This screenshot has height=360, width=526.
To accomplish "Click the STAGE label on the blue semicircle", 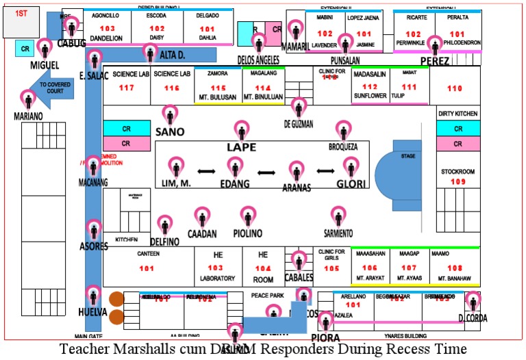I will tap(408, 156).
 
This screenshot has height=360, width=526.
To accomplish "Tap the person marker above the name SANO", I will tap(169, 114).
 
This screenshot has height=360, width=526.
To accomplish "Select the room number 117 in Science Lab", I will tap(126, 88).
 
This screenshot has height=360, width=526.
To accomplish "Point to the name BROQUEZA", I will tap(343, 146).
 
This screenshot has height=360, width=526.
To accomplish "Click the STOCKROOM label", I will tap(458, 172).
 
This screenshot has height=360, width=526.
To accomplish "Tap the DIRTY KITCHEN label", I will tap(458, 114).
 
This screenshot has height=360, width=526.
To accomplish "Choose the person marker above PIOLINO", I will tap(248, 216).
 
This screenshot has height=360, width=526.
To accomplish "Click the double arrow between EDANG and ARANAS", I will tap(266, 171).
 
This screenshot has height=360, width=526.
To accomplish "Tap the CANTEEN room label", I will tap(148, 254).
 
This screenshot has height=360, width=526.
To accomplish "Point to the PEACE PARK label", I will tap(267, 295).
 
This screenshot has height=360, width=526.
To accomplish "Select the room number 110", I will tap(455, 88).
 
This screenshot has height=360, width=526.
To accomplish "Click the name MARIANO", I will tap(28, 116).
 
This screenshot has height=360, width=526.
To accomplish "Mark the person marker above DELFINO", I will tap(164, 224).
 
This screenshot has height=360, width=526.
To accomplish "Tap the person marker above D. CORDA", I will tap(473, 300).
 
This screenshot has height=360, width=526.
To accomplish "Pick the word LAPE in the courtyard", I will tap(241, 147).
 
